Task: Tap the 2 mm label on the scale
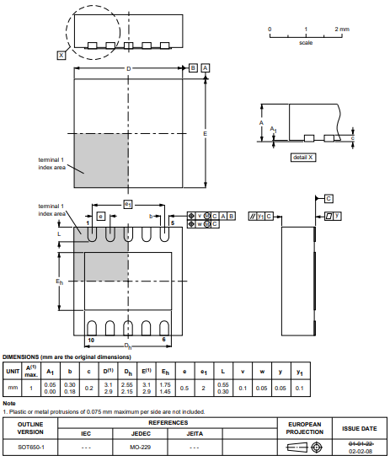341,29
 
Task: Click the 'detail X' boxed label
303,158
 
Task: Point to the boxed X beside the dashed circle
61,55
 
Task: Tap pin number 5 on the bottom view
173,222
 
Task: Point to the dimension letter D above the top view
128,68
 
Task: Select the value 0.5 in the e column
184,388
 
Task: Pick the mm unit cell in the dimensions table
13,388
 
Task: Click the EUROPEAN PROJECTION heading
306,427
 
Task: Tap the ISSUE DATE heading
360,428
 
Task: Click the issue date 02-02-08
361,451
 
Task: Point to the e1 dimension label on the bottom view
127,204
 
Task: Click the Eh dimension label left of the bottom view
59,281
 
